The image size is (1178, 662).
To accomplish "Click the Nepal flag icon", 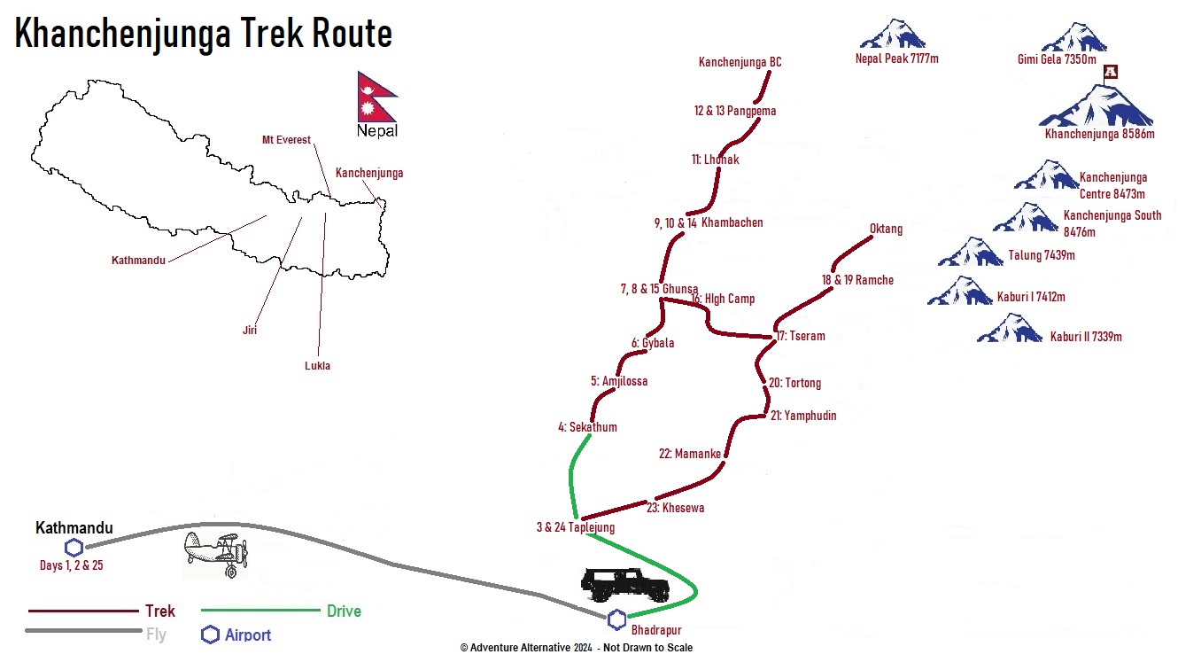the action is pyautogui.click(x=377, y=97).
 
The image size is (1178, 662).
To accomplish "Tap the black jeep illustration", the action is pyautogui.click(x=625, y=585).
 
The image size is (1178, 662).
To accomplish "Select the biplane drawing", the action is pyautogui.click(x=216, y=553).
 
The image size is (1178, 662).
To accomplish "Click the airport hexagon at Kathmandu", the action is pyautogui.click(x=74, y=548).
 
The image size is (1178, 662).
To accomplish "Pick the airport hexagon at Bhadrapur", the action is pyautogui.click(x=616, y=619).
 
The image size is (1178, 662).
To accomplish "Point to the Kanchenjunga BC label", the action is pyautogui.click(x=740, y=62).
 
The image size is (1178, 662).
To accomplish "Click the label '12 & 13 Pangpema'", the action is pyautogui.click(x=734, y=111).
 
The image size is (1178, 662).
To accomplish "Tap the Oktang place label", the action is pyautogui.click(x=886, y=229).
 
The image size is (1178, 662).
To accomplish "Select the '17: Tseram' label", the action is pyautogui.click(x=801, y=336).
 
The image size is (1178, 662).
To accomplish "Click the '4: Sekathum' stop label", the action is pyautogui.click(x=587, y=427).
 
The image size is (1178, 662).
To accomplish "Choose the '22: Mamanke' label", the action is pyautogui.click(x=690, y=454).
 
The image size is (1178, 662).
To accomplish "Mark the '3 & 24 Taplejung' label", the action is pyautogui.click(x=576, y=527).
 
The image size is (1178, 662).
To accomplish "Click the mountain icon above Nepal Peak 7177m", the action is pyautogui.click(x=893, y=34).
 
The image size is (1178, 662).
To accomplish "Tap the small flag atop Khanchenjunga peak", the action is pyautogui.click(x=1110, y=72).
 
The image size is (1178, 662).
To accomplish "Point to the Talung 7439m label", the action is pyautogui.click(x=1042, y=255).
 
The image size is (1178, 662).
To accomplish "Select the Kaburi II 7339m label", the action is pyautogui.click(x=1086, y=337).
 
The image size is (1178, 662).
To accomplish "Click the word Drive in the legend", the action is pyautogui.click(x=344, y=611).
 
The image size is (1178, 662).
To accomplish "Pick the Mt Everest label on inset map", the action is pyautogui.click(x=286, y=139).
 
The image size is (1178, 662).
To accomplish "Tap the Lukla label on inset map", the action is pyautogui.click(x=317, y=366).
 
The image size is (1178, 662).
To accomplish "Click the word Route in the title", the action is pyautogui.click(x=352, y=33).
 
